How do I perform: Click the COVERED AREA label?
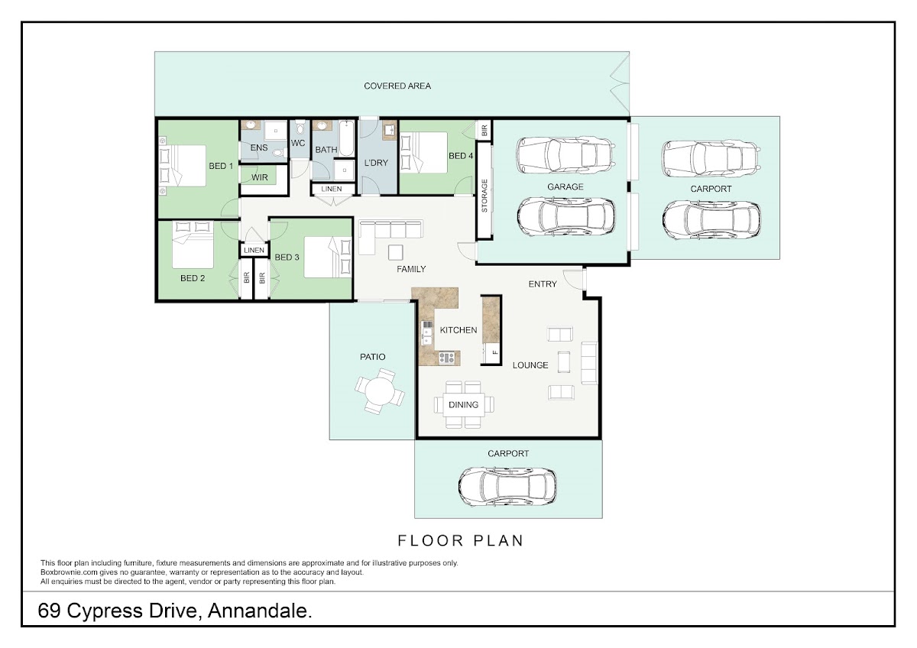[397, 86]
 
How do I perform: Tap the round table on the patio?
[380, 391]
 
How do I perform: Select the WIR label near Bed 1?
[260, 177]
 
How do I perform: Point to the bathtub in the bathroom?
[346, 138]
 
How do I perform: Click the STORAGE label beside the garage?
[484, 196]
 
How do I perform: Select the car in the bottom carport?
[507, 486]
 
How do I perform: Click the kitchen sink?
[426, 339]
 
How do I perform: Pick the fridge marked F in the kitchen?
[491, 353]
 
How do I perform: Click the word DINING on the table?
[463, 405]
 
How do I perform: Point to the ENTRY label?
[543, 284]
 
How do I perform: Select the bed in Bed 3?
[328, 257]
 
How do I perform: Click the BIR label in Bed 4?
[484, 130]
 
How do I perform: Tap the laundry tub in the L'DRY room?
[389, 131]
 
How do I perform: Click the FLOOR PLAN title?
[461, 541]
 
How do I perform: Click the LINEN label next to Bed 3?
[254, 250]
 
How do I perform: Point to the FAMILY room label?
[411, 269]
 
